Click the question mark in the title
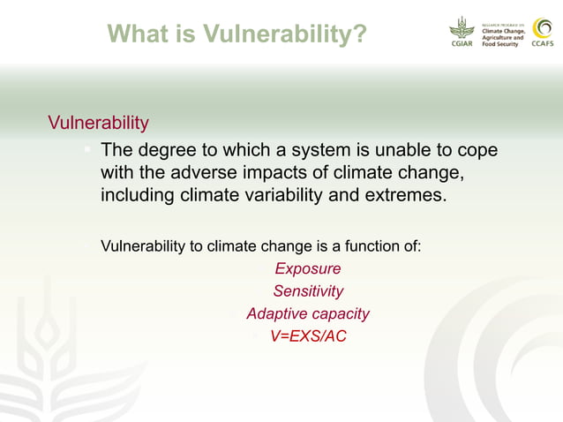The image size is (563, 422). pyautogui.click(x=359, y=34)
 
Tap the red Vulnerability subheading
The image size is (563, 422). pyautogui.click(x=98, y=121)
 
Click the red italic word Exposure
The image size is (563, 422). pyautogui.click(x=307, y=268)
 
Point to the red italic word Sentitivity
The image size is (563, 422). pyautogui.click(x=308, y=290)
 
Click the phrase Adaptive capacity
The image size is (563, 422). pyautogui.click(x=307, y=313)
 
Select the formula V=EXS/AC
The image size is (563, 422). pyautogui.click(x=308, y=336)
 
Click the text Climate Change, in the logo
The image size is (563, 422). pyautogui.click(x=504, y=31)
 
